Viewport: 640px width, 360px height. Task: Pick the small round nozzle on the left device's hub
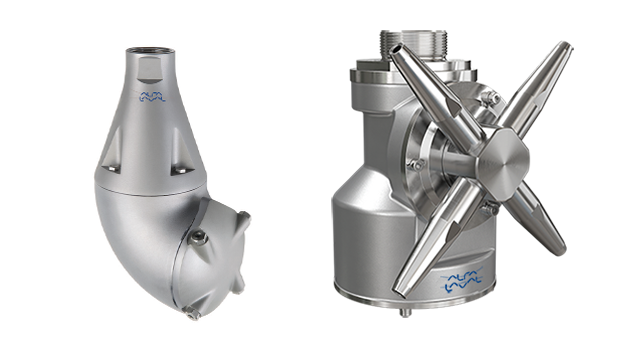(x=199, y=237)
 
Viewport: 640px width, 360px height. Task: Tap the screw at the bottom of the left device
(x=193, y=315)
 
